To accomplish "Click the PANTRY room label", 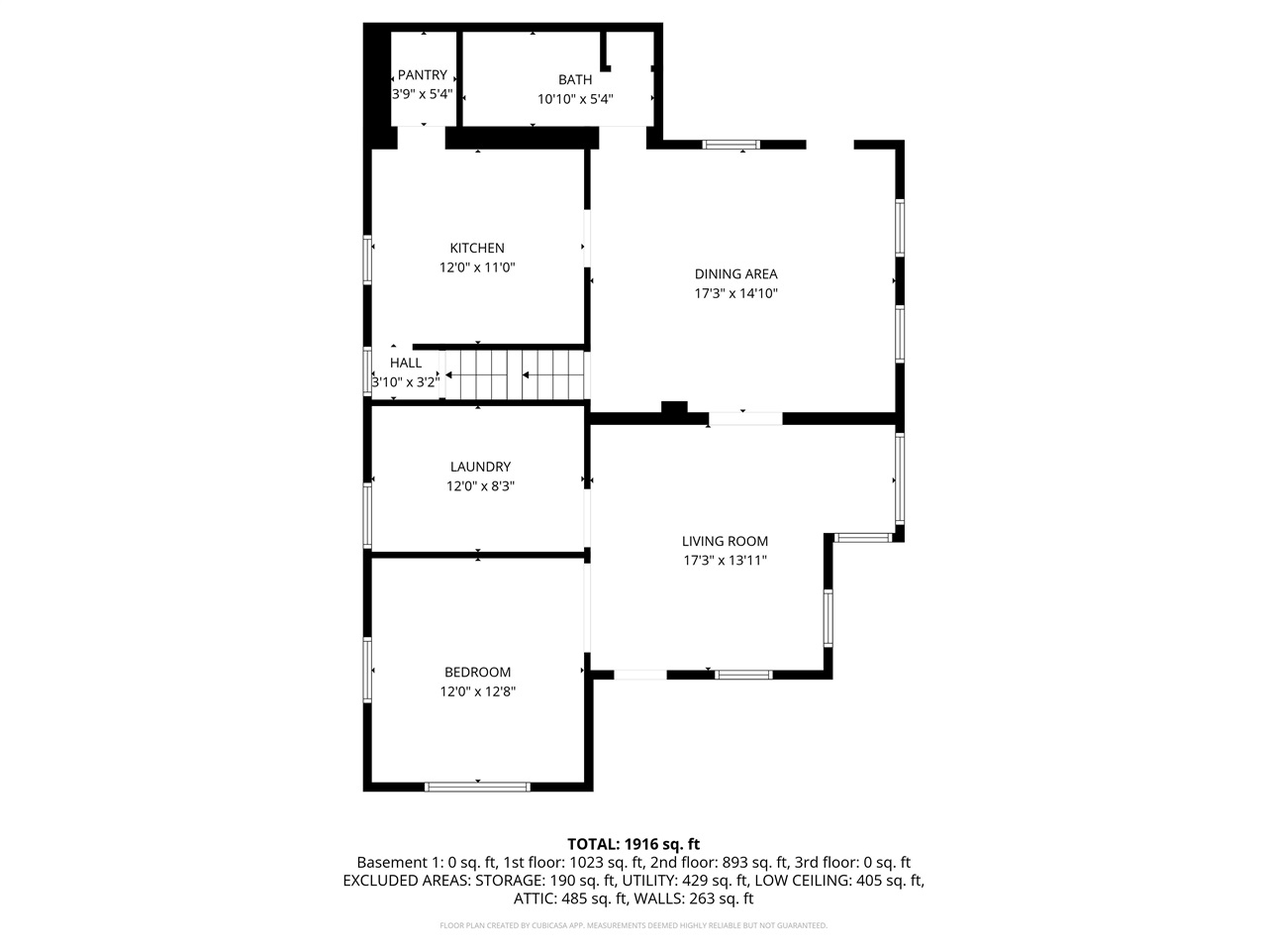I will coord(423,75).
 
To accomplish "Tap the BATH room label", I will coord(575,80).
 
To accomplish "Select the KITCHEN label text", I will coord(477,249).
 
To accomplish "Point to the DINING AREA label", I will coord(735,274).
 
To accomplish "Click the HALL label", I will coord(406,364).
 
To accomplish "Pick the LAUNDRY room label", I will coord(480,468).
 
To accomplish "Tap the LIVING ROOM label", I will coord(725,542).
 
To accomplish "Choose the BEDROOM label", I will coord(477,673).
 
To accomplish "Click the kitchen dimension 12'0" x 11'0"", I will coord(478,267).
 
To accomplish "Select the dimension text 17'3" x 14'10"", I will coord(735,293).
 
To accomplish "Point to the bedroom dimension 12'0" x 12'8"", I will coord(478,691).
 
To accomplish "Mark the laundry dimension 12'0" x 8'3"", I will coord(480,486).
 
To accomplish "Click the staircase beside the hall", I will coord(515,374).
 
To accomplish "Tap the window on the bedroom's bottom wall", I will coord(477,787).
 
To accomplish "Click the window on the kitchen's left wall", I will coord(367,260).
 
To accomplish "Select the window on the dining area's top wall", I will coord(731,145).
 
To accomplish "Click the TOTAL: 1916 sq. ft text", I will coord(633,844).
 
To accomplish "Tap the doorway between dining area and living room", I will coord(745,419).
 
